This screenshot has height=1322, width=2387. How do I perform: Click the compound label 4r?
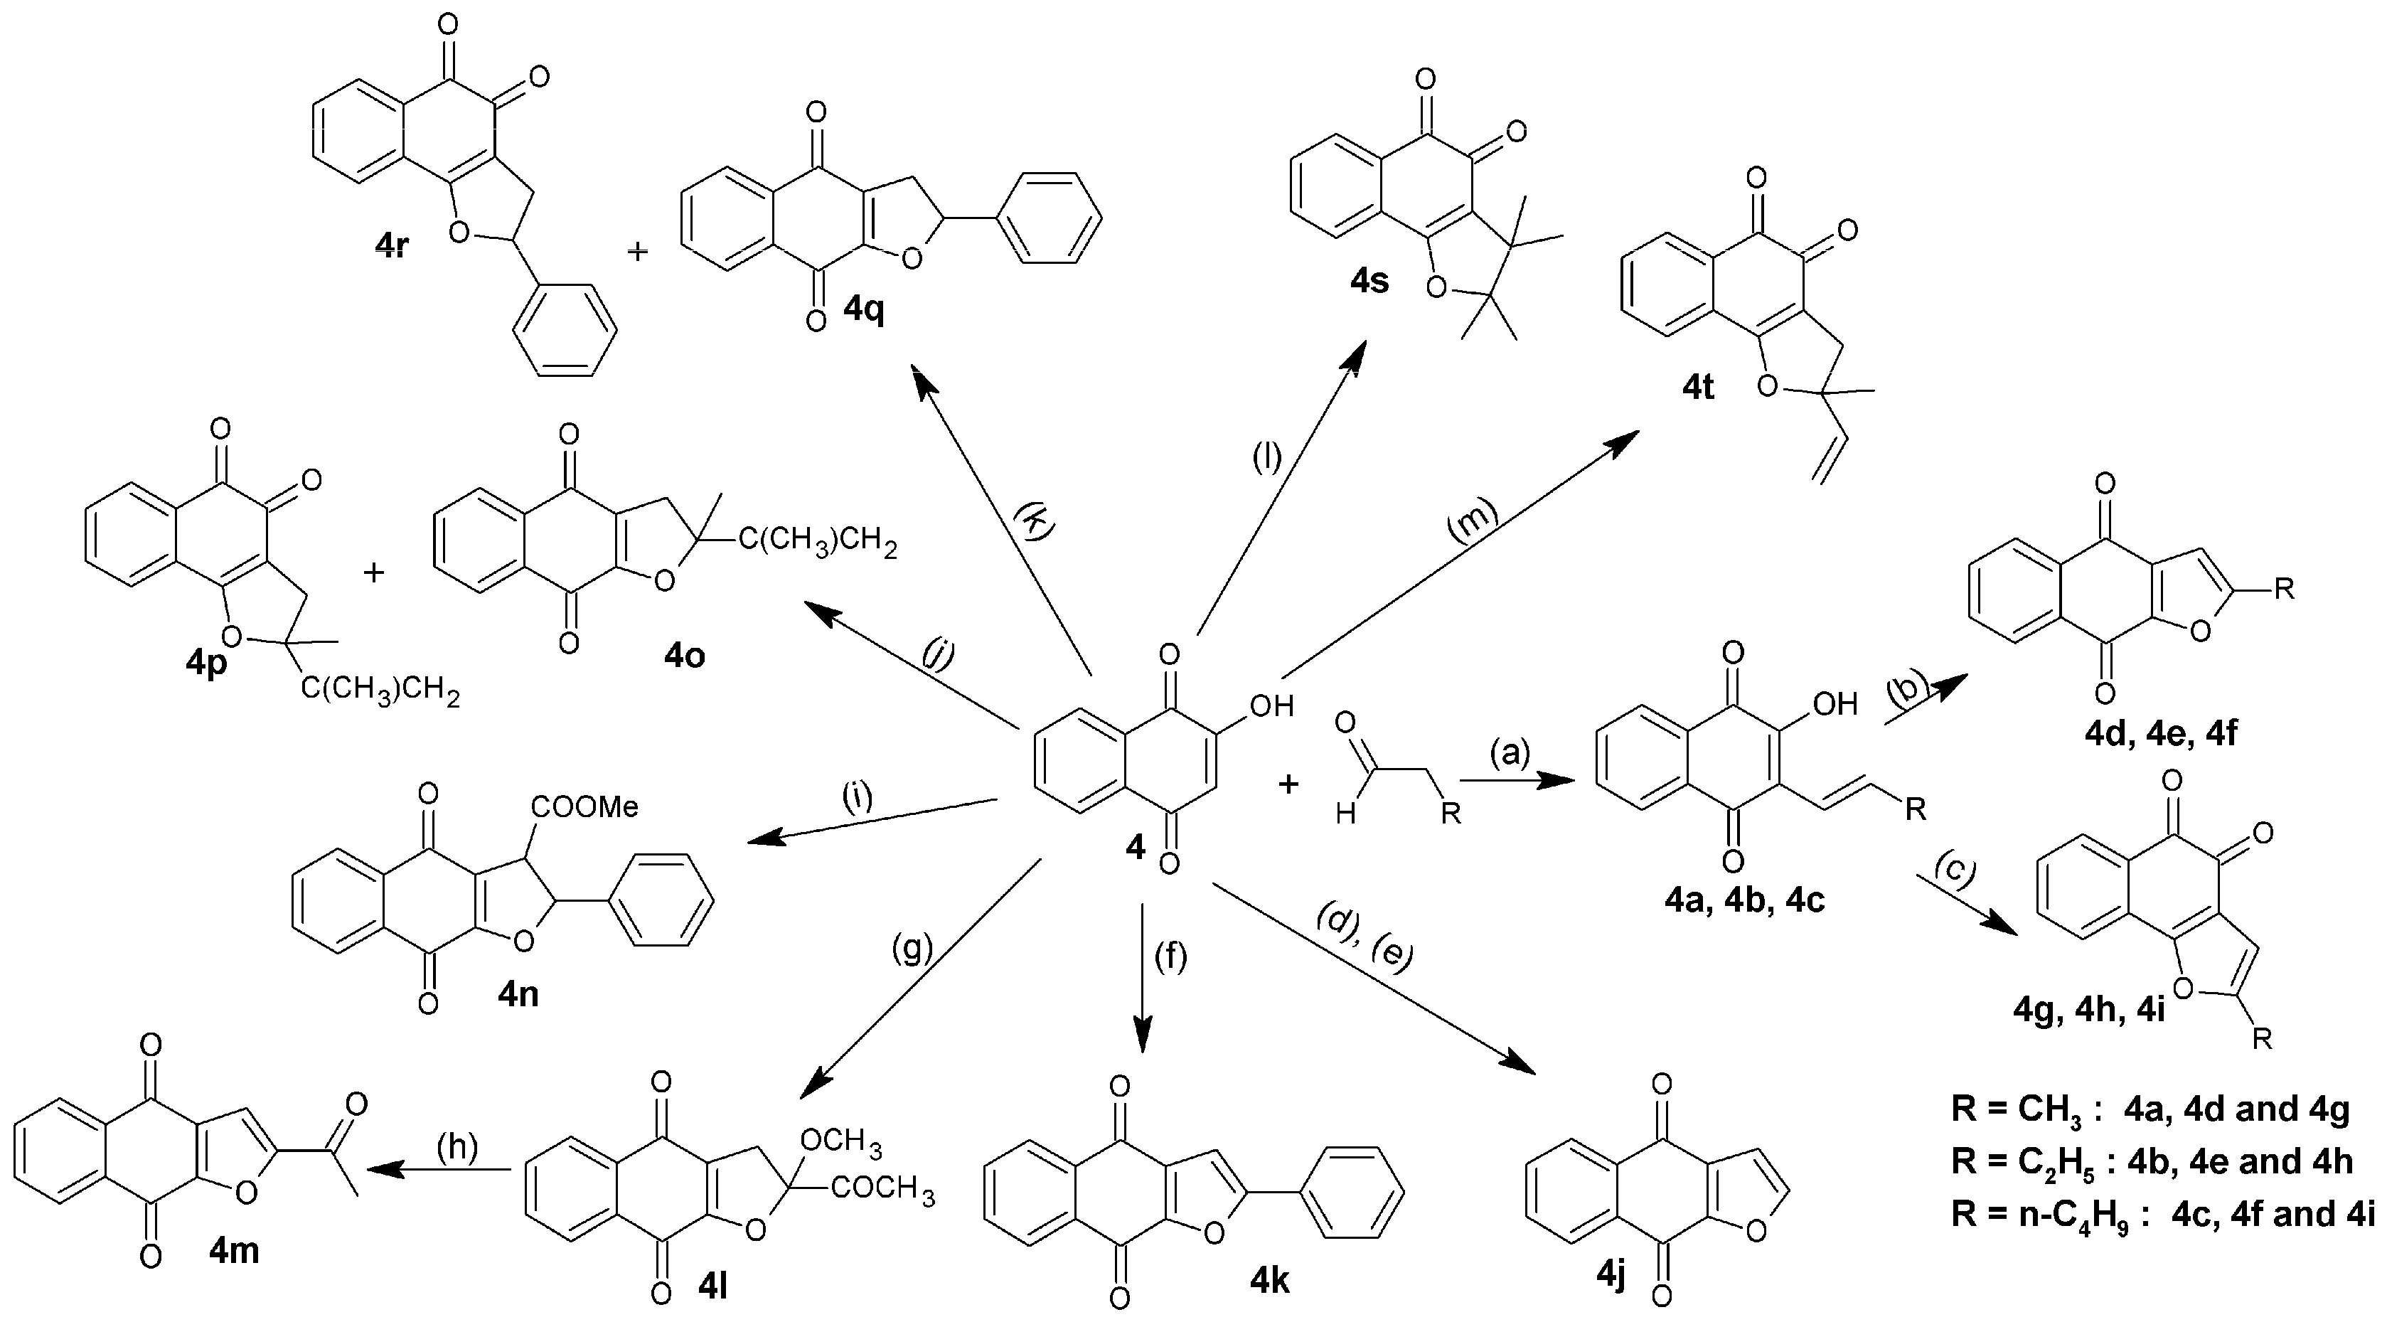(392, 247)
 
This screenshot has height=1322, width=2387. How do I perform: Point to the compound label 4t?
(1697, 388)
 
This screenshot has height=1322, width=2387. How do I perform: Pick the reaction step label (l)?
(1266, 457)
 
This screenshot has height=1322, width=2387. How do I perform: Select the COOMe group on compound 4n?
(584, 807)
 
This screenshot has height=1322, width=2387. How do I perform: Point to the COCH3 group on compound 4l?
(883, 1187)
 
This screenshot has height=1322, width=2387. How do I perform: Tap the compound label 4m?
(233, 1251)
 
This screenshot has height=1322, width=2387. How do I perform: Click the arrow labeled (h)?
(440, 1169)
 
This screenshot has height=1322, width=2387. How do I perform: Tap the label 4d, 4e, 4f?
(2161, 735)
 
